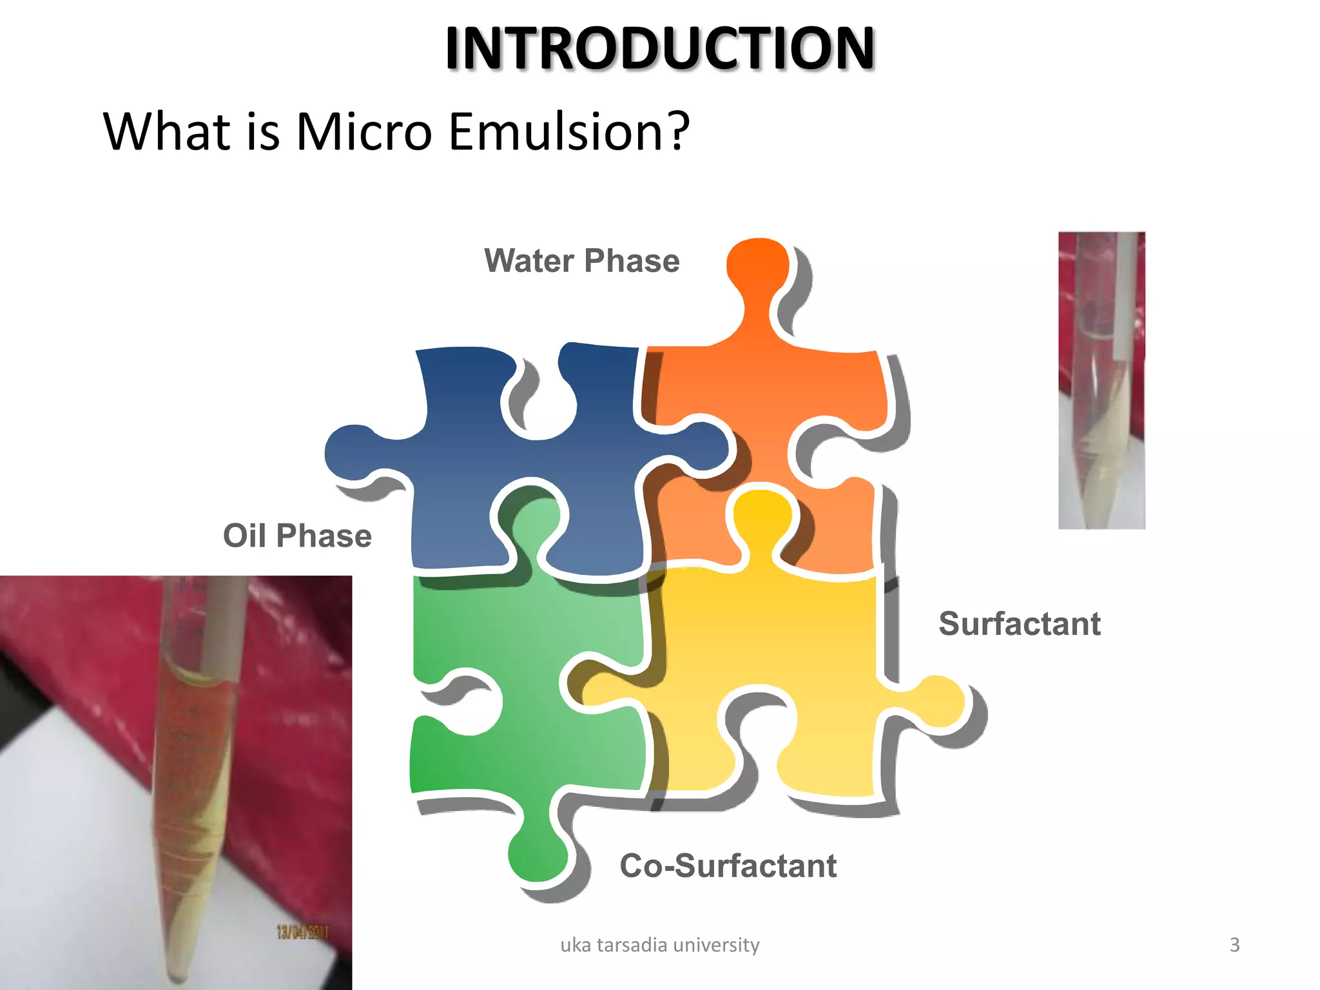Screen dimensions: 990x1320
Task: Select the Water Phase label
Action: pos(581,261)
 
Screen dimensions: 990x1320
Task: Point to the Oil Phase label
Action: pos(297,536)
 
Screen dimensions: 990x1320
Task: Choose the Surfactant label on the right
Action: pos(1019,624)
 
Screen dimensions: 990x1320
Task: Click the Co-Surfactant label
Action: pos(728,866)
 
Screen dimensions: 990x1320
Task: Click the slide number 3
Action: pos(1234,945)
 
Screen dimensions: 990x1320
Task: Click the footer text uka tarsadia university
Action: pos(659,945)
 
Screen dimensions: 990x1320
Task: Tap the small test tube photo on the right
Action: pos(1102,380)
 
